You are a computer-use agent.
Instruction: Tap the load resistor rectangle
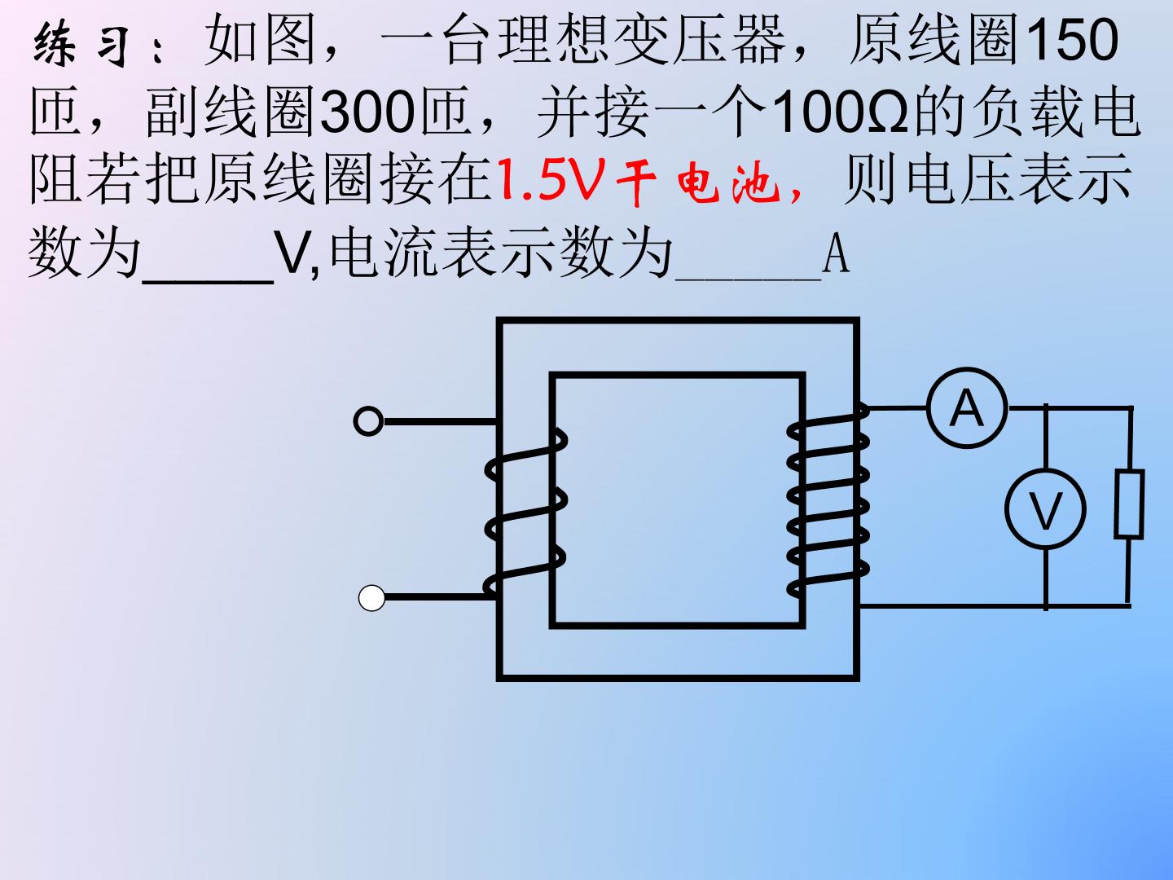coord(1129,504)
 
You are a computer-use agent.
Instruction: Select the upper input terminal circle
coord(368,421)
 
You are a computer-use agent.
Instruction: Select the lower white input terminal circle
coord(371,598)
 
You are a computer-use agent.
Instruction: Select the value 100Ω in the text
coord(840,112)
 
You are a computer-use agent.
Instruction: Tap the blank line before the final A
coord(748,279)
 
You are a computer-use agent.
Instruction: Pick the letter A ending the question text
coord(837,254)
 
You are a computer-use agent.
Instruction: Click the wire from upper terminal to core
coord(442,421)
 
